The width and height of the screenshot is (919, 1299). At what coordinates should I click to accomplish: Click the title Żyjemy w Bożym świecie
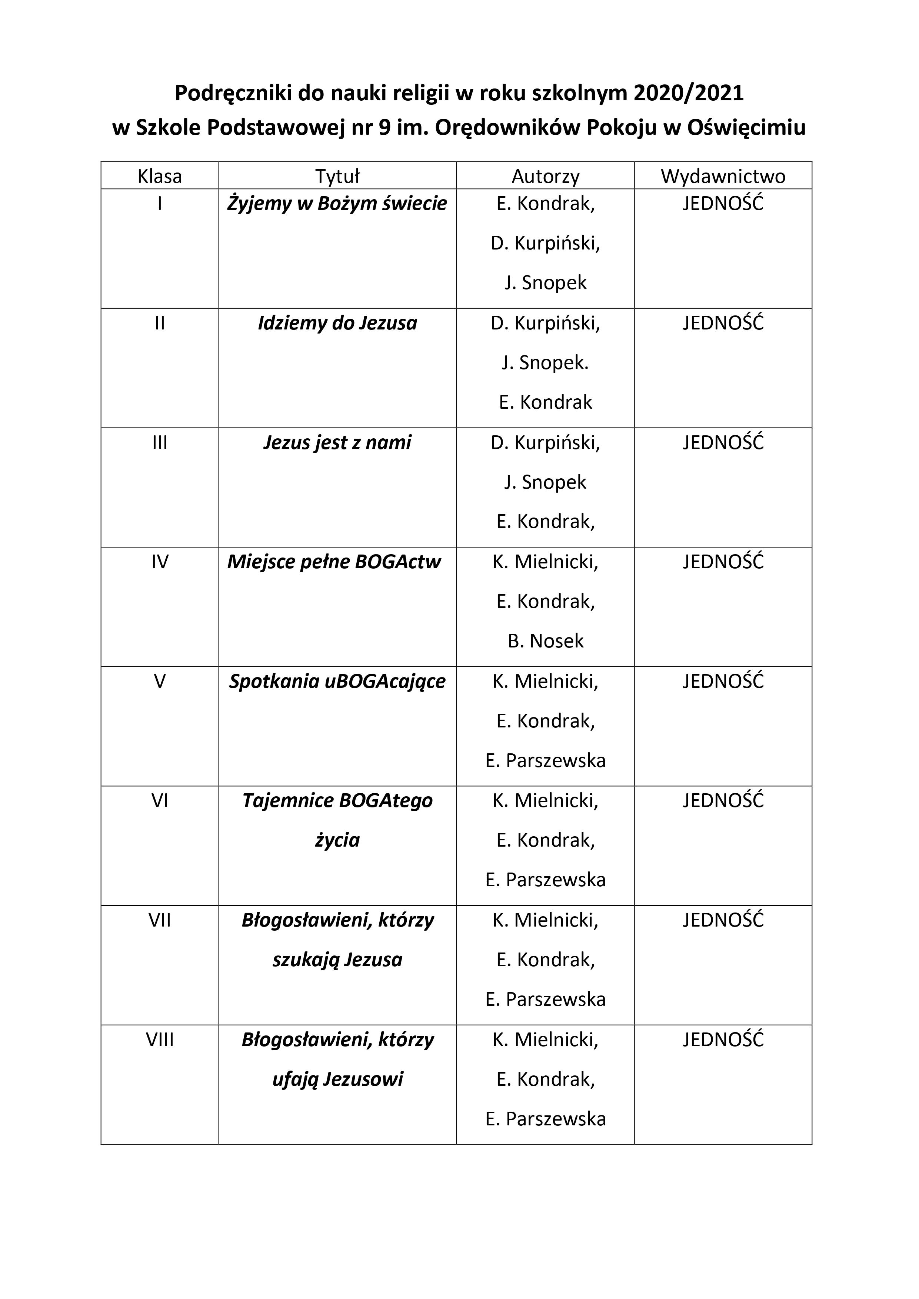pyautogui.click(x=337, y=204)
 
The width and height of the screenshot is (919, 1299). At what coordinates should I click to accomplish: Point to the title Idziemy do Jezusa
pyautogui.click(x=337, y=323)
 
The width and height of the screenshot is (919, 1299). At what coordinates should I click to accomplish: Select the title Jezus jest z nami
pyautogui.click(x=337, y=442)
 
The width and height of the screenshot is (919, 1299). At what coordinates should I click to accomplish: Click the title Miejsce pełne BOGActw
pyautogui.click(x=334, y=562)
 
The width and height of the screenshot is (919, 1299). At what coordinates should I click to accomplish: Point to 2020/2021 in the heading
pyautogui.click(x=689, y=93)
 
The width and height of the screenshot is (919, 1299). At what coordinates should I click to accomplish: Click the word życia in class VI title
pyautogui.click(x=337, y=840)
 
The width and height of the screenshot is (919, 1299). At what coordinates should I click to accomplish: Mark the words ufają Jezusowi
pyautogui.click(x=337, y=1079)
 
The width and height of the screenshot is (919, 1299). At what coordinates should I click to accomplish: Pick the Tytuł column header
pyautogui.click(x=337, y=177)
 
